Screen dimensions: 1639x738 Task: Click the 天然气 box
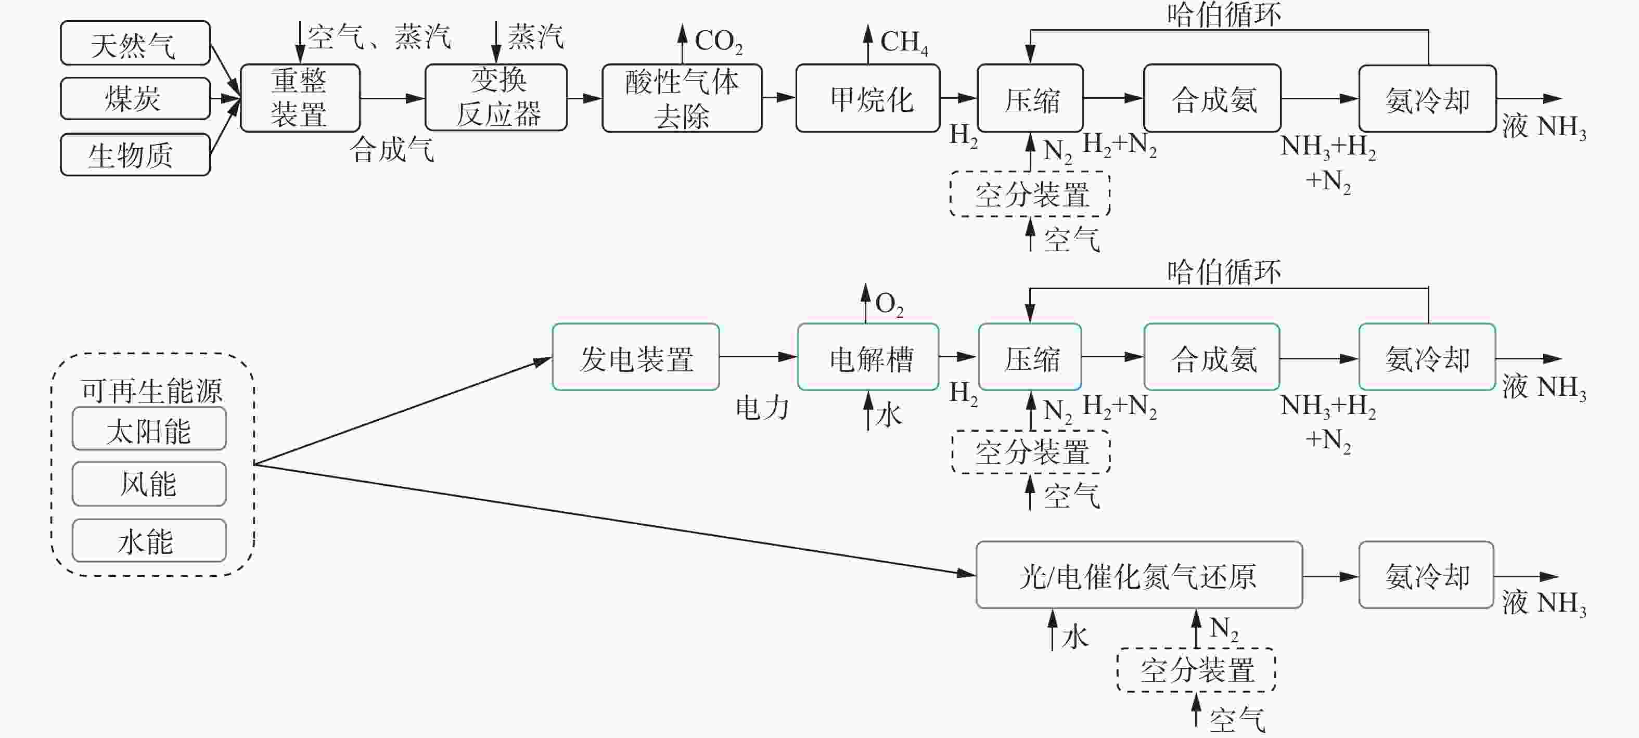pyautogui.click(x=135, y=43)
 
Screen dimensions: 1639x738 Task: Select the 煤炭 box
pyautogui.click(x=135, y=99)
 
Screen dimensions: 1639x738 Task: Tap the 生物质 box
pyautogui.click(x=135, y=154)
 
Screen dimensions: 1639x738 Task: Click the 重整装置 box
pyautogui.click(x=300, y=98)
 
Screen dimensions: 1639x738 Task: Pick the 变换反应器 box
pyautogui.click(x=496, y=97)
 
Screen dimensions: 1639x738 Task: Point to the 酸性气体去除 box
pyautogui.click(x=682, y=98)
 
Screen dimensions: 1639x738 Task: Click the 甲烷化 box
pyautogui.click(x=868, y=98)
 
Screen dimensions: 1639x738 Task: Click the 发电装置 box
pyautogui.click(x=636, y=357)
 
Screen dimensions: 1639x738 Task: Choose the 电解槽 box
pyautogui.click(x=868, y=357)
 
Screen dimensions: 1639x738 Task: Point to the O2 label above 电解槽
pyautogui.click(x=889, y=304)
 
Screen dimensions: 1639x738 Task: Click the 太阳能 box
pyautogui.click(x=149, y=429)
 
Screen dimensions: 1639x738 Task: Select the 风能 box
pyautogui.click(x=149, y=484)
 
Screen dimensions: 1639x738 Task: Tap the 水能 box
pyautogui.click(x=149, y=541)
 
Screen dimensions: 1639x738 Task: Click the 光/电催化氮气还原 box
pyautogui.click(x=1139, y=575)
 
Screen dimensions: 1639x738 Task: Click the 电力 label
pyautogui.click(x=762, y=408)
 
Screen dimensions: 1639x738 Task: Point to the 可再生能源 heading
pyautogui.click(x=151, y=390)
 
